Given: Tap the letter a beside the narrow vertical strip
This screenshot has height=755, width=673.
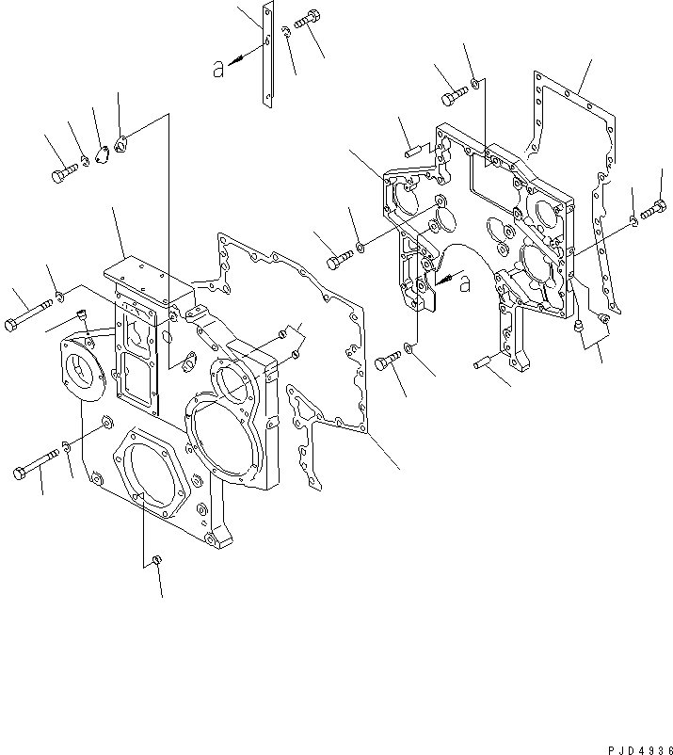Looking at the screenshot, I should click(219, 67).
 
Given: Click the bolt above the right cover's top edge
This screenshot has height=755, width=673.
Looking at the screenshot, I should click(454, 95).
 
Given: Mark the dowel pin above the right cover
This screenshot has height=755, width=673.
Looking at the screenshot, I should click(413, 148).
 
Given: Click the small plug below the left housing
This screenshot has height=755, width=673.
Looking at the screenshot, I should click(158, 561).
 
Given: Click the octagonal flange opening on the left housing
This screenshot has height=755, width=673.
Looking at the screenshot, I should click(148, 473).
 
